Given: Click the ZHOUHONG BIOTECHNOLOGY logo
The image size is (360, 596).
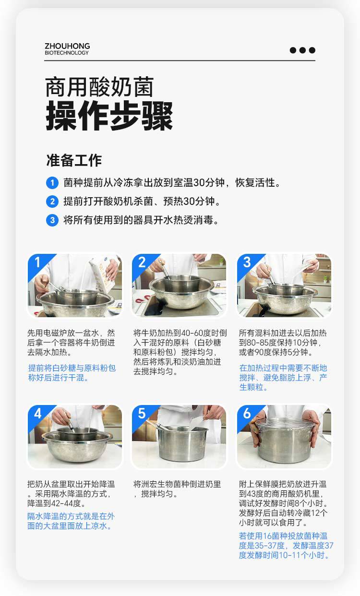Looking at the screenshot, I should [67, 49].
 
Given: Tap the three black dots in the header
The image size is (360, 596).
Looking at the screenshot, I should [302, 50].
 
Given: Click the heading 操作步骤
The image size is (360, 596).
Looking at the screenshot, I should [109, 116].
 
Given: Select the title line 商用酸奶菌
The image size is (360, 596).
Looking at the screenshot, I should [99, 87].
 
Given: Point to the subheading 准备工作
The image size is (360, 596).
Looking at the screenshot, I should [74, 160].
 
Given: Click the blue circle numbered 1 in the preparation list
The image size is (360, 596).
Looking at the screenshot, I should [52, 183].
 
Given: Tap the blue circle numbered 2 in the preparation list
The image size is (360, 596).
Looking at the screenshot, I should [52, 202].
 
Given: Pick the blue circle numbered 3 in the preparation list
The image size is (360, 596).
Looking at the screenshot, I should [52, 220].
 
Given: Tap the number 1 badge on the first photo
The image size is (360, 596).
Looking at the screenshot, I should [37, 262].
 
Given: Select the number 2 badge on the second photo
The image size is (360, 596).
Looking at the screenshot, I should [142, 262].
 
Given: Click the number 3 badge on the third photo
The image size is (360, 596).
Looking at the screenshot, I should [247, 262].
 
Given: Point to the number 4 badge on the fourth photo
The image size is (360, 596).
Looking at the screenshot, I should [37, 413].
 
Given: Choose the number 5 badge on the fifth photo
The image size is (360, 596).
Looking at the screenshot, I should [142, 413].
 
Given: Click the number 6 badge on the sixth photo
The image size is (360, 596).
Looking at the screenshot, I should [247, 413].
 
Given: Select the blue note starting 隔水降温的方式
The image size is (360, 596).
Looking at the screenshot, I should [71, 521].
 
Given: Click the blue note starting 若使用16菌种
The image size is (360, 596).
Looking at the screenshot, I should [286, 546].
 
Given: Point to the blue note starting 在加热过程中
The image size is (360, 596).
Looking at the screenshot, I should [283, 378].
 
